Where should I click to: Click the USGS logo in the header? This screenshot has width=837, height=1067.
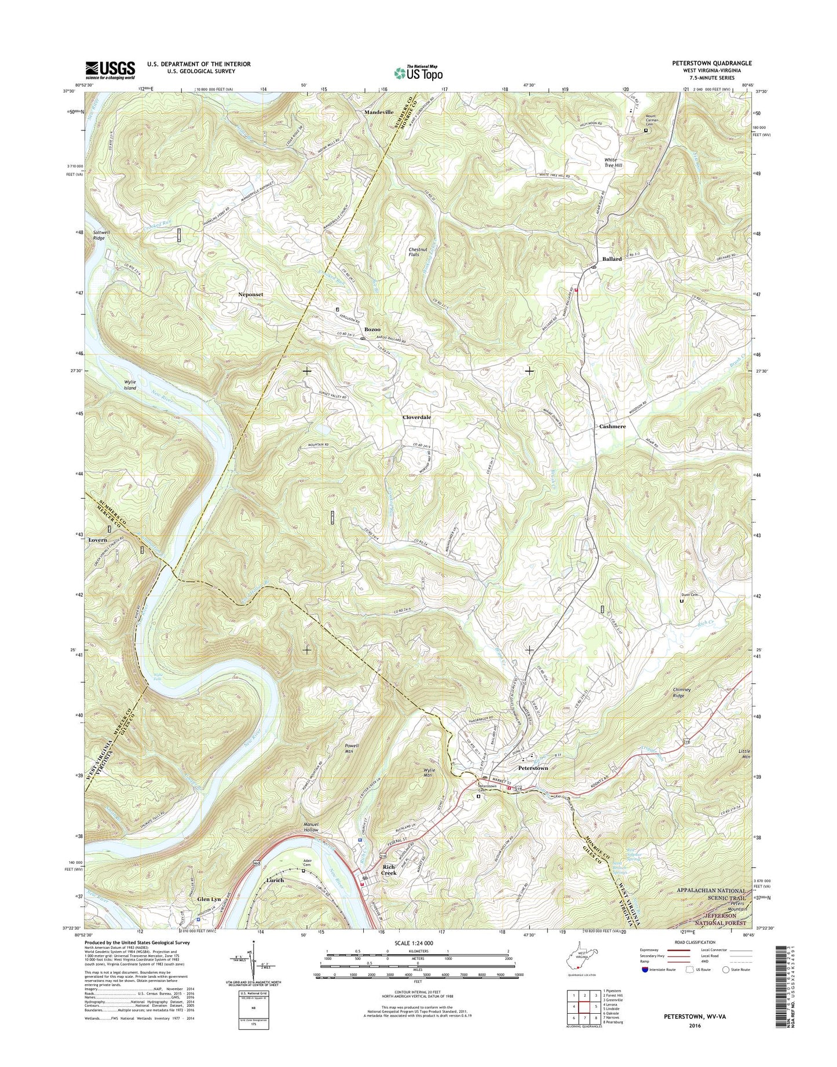click(x=110, y=70)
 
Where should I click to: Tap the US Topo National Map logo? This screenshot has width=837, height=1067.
click(x=418, y=72)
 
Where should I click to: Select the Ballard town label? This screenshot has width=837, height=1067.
click(x=612, y=259)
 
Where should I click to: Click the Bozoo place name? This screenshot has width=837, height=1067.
click(x=372, y=329)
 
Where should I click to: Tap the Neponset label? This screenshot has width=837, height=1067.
click(x=251, y=294)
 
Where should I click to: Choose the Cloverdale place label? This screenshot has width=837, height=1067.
click(x=416, y=417)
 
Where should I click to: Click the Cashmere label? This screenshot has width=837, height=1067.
click(x=612, y=426)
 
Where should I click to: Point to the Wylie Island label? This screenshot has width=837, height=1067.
click(x=129, y=385)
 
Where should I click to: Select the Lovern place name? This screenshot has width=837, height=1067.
click(x=98, y=540)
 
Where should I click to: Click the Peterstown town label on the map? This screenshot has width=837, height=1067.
click(x=533, y=768)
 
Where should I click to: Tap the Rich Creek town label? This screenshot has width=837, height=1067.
click(x=389, y=869)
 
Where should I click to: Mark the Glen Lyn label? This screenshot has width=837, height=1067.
click(x=209, y=899)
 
